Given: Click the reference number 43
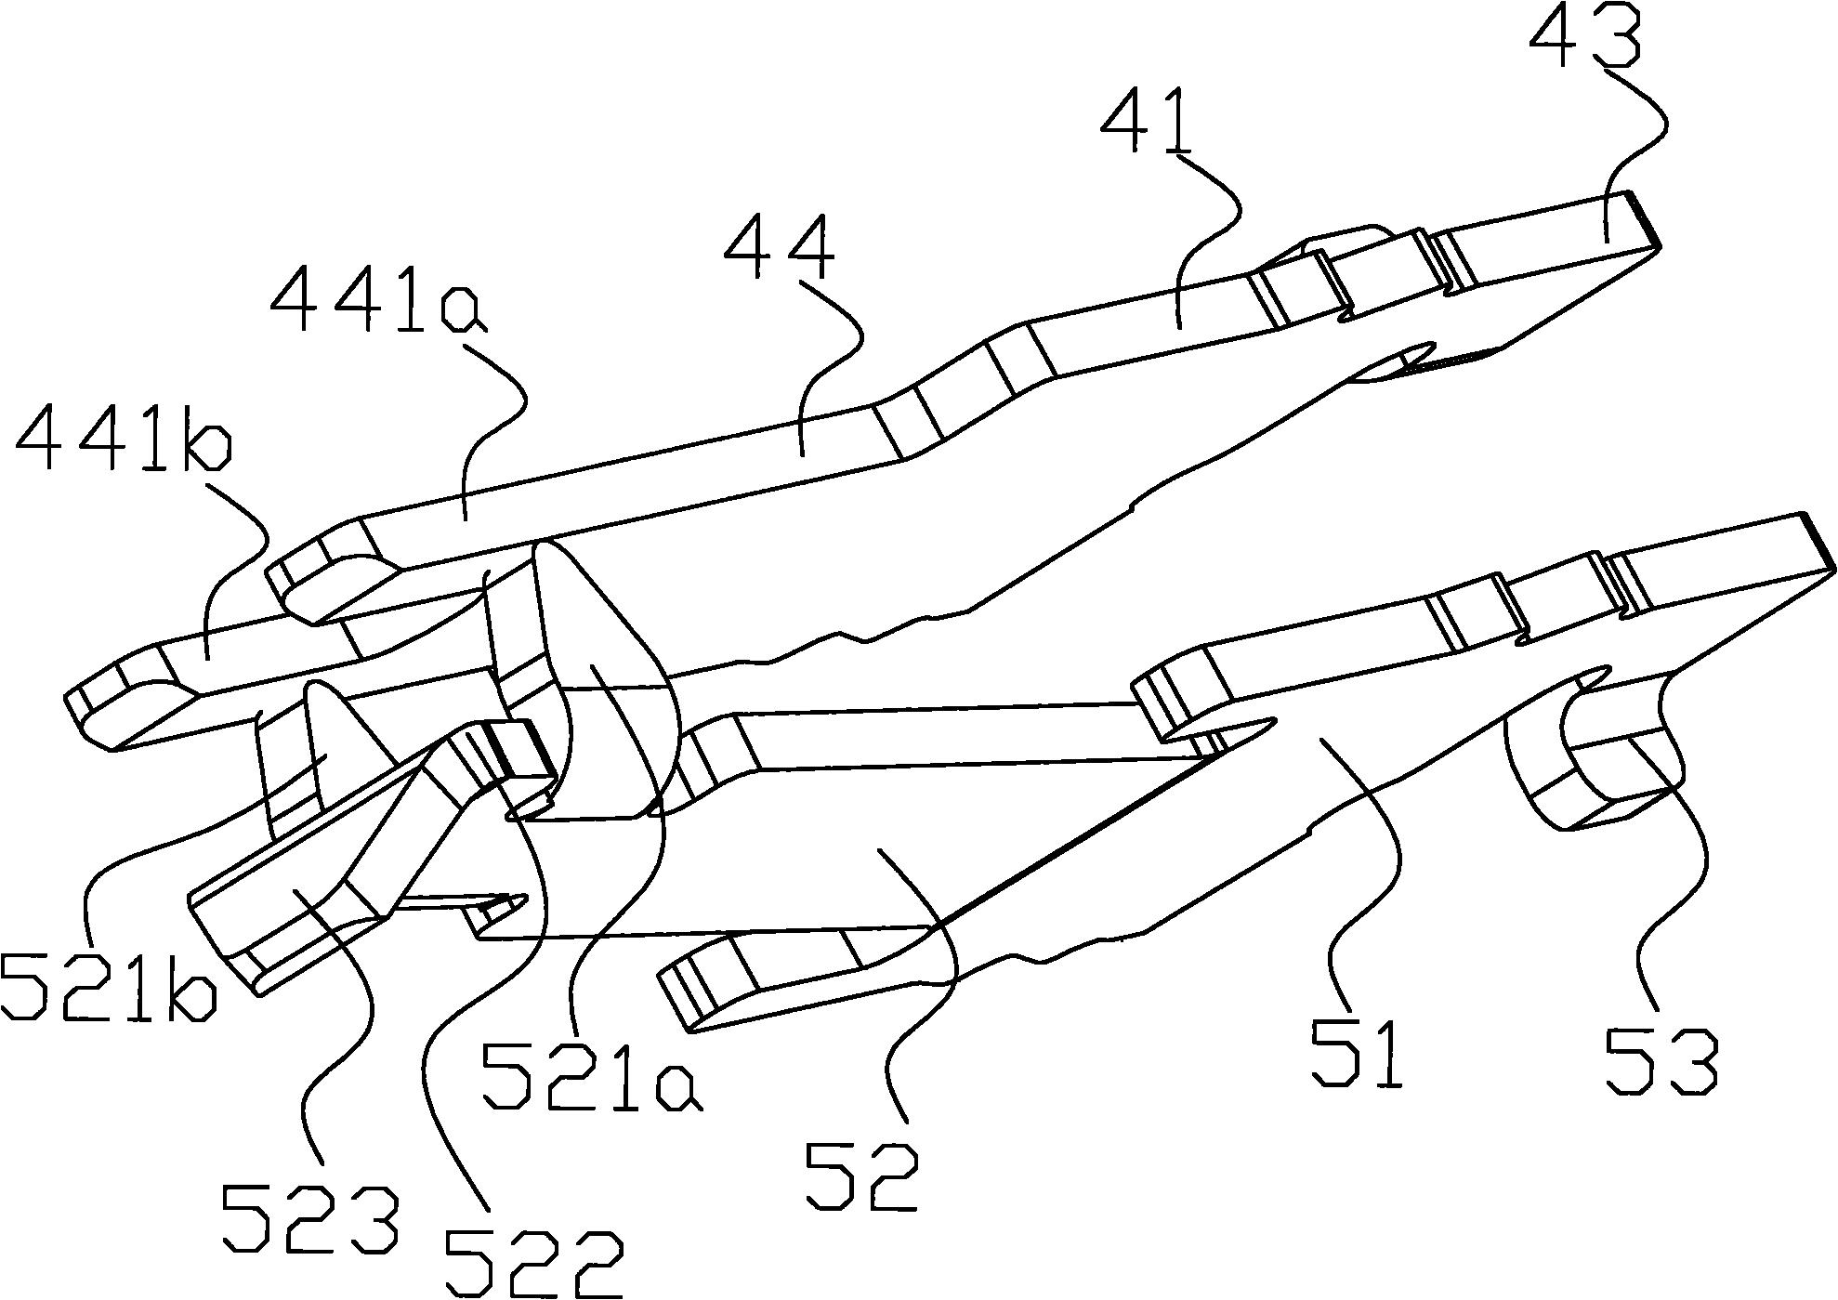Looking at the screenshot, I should click(1584, 34).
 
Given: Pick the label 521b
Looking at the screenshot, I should click(110, 985).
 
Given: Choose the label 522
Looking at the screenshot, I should click(532, 1266).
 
